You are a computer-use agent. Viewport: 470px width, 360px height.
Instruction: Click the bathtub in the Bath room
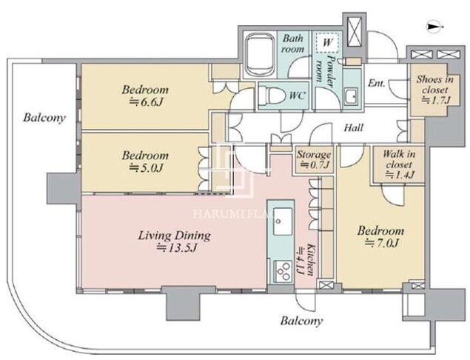pos(260,55)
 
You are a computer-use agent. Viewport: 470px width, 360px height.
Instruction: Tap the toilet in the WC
pos(269,96)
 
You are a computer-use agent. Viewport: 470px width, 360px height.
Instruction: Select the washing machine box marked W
pos(328,41)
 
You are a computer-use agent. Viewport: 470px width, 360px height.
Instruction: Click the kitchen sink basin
pos(282,221)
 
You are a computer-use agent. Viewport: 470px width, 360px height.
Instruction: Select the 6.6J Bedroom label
pos(145,96)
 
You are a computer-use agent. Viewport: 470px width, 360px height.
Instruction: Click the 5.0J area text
pos(145,168)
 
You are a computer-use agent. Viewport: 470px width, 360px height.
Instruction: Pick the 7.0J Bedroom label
pos(380,236)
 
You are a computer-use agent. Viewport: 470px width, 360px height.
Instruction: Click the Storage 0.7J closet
pos(314,159)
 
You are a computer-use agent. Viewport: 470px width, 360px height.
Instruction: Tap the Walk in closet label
pos(399,159)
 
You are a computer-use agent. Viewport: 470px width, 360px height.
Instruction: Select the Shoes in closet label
pos(434,84)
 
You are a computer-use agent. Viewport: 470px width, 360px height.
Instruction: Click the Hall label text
pos(353,128)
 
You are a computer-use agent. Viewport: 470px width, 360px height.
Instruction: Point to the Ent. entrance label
pos(377,83)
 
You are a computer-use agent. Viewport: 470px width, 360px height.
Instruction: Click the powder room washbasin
pos(350,96)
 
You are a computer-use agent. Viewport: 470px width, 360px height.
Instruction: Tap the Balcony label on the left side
pos(44,118)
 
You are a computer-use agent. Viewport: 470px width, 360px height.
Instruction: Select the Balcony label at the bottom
pos(301,321)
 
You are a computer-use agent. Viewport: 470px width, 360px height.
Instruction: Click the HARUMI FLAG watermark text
pos(235,213)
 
